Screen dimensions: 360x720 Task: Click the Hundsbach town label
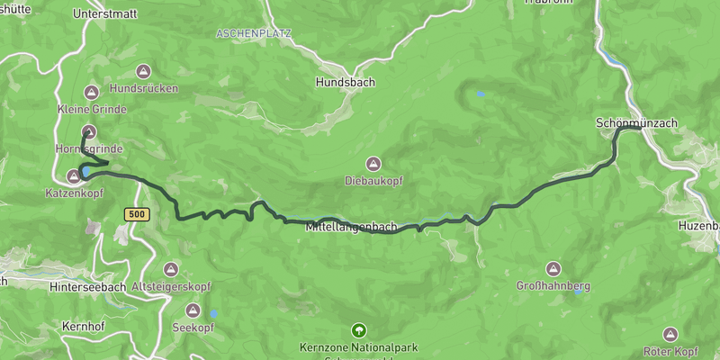pyautogui.click(x=346, y=82)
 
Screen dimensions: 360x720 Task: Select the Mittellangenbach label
pyautogui.click(x=351, y=227)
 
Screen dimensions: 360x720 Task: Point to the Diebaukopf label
pyautogui.click(x=373, y=181)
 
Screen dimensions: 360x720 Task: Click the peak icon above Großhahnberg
pyautogui.click(x=553, y=269)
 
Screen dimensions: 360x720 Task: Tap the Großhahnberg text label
pyautogui.click(x=553, y=286)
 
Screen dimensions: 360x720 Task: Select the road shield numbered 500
pyautogui.click(x=137, y=214)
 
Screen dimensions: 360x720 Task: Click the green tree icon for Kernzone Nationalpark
pyautogui.click(x=359, y=330)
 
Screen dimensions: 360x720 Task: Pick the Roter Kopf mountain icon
pyautogui.click(x=670, y=334)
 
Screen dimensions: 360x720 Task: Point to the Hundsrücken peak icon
pyautogui.click(x=92, y=90)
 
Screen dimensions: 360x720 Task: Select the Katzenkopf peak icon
pyautogui.click(x=74, y=176)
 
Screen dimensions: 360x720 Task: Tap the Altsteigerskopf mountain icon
pyautogui.click(x=171, y=269)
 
